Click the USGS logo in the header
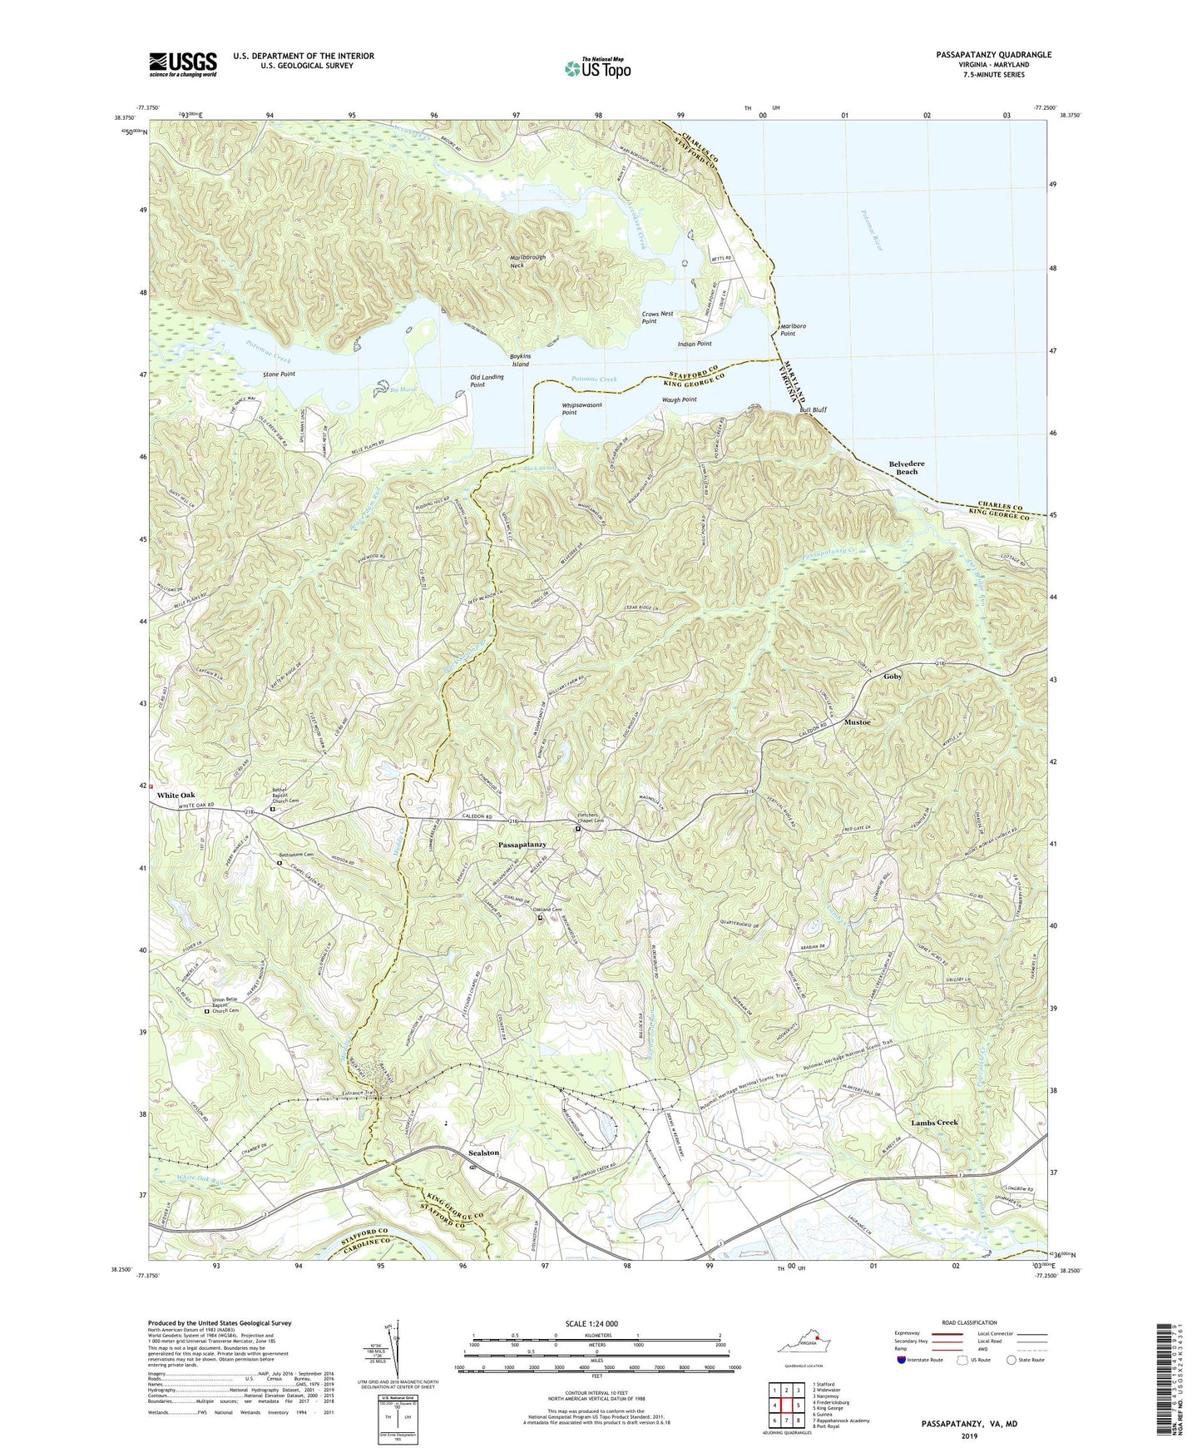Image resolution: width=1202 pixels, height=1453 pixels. point(183,64)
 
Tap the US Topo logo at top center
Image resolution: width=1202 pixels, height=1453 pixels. point(596,67)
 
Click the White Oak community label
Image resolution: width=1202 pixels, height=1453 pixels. point(176,795)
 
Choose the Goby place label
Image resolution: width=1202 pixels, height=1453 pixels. point(892,677)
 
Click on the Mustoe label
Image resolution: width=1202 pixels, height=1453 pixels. point(858,722)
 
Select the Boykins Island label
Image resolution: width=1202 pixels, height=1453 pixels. point(520,360)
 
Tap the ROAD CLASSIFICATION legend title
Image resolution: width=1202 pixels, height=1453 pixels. point(964,1322)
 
